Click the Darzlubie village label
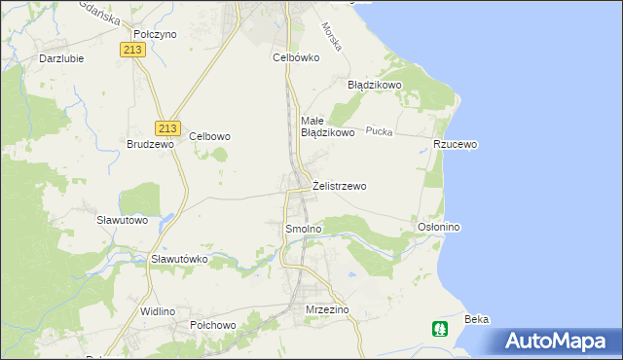click(59, 57)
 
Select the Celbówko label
click(296, 57)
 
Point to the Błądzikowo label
click(375, 85)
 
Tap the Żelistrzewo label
click(340, 186)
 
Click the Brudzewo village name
click(150, 144)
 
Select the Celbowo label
click(209, 137)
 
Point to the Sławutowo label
click(122, 220)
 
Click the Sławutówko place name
click(180, 260)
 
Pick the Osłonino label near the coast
click(438, 227)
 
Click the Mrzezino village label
click(327, 309)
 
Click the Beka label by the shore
click(476, 319)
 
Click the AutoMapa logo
click(559, 341)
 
